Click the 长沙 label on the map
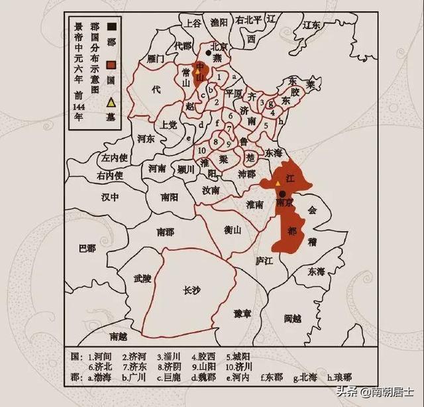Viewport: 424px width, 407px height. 192,290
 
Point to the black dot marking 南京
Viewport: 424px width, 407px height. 284,194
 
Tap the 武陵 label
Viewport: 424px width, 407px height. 142,279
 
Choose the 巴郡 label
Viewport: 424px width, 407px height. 87,248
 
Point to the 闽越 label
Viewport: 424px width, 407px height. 292,319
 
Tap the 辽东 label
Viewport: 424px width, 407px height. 311,25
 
